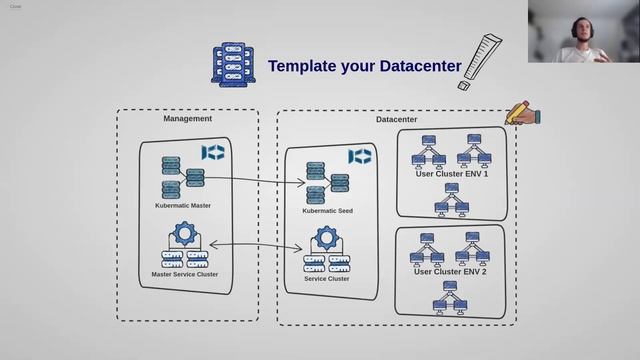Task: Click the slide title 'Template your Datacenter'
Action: pos(364,67)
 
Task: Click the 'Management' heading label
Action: pos(187,119)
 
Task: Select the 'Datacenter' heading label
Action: pos(396,120)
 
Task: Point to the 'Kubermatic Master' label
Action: pos(182,206)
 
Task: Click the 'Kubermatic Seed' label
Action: pos(327,211)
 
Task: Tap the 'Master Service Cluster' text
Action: pos(184,274)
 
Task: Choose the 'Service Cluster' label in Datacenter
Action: pos(326,279)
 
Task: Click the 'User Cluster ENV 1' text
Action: pos(451,173)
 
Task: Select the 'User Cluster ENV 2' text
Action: pos(451,272)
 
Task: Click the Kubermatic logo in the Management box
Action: pos(213,152)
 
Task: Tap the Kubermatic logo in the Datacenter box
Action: pos(359,157)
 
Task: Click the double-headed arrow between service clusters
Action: pos(255,244)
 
